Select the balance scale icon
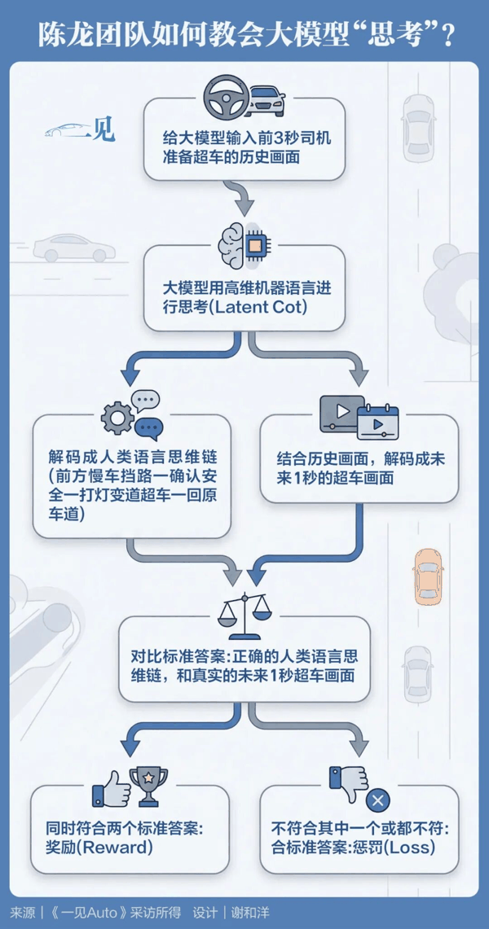tap(244, 604)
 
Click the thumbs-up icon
tap(111, 788)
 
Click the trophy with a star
tap(148, 786)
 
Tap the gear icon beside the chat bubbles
tap(117, 418)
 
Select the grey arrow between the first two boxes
tap(244, 198)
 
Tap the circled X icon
tap(378, 800)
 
